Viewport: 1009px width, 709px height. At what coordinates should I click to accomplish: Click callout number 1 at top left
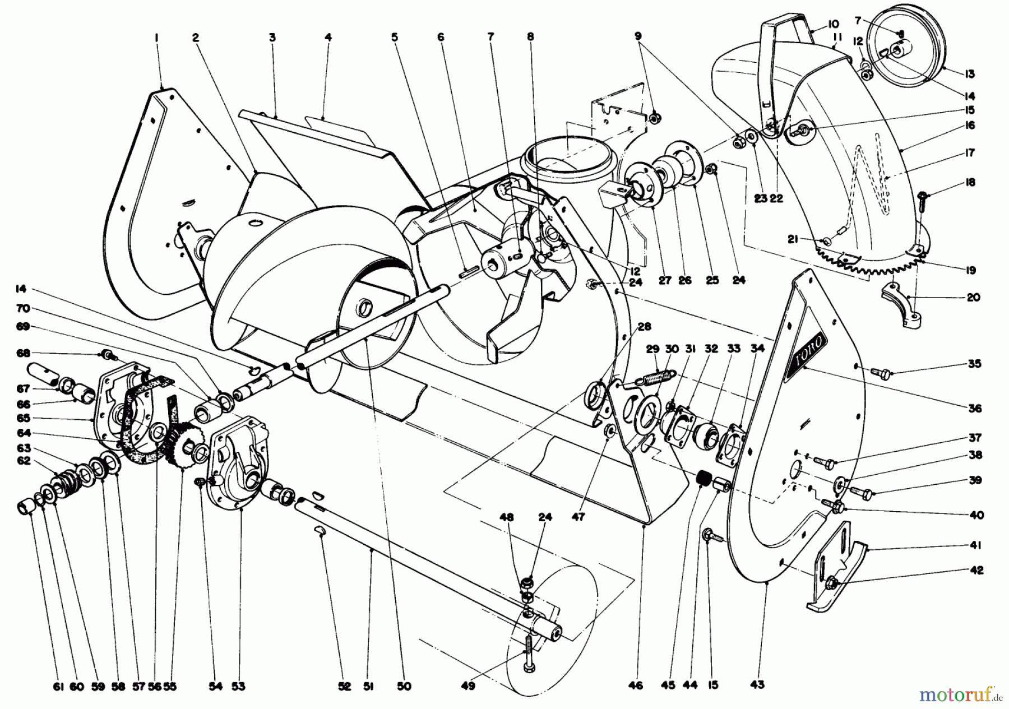coord(157,38)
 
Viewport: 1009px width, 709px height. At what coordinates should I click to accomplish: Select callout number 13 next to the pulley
coord(970,74)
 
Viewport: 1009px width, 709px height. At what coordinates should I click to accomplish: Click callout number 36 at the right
coord(975,409)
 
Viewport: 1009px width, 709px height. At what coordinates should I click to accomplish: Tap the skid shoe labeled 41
coord(835,572)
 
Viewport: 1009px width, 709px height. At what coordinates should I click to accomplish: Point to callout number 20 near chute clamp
coord(974,298)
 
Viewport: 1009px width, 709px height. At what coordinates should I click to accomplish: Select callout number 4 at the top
coord(328,38)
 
